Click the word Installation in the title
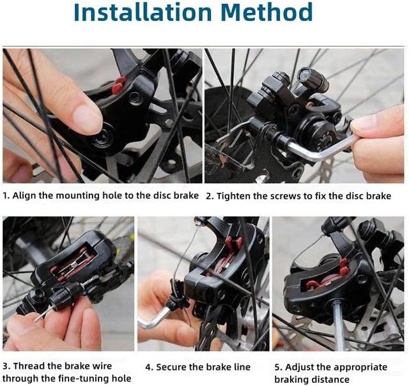(x=143, y=12)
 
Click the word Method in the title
(x=266, y=12)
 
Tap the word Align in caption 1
(x=24, y=196)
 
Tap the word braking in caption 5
(x=291, y=380)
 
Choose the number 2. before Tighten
(x=210, y=196)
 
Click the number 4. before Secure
(x=150, y=367)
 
